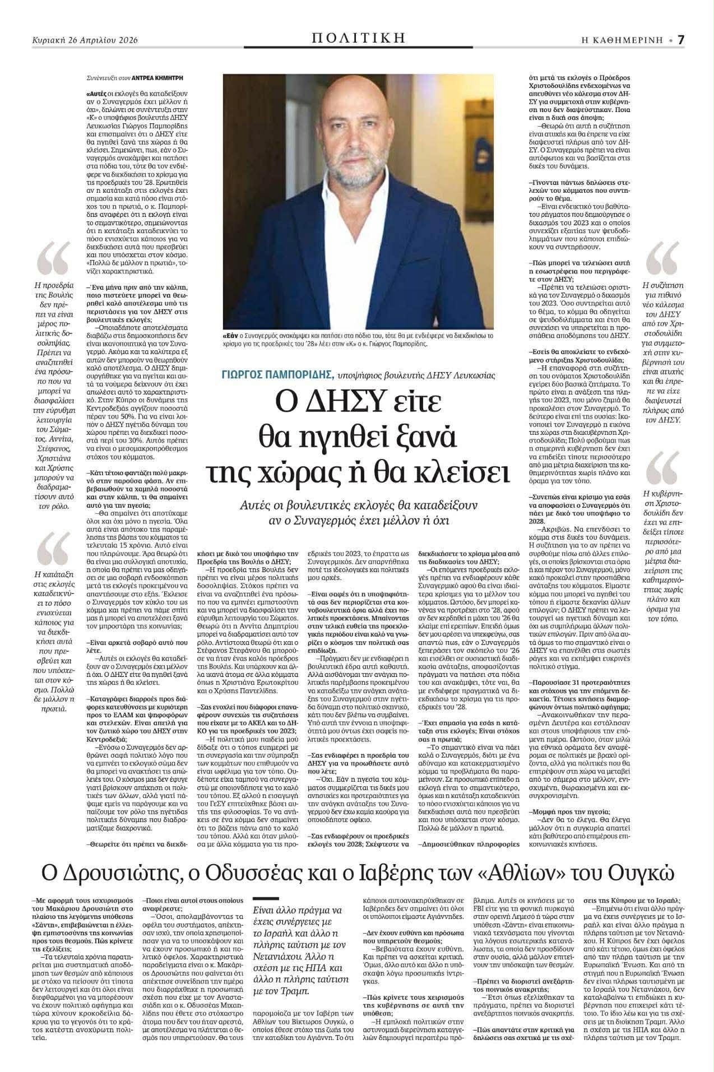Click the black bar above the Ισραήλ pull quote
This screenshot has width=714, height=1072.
pyautogui.click(x=266, y=899)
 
